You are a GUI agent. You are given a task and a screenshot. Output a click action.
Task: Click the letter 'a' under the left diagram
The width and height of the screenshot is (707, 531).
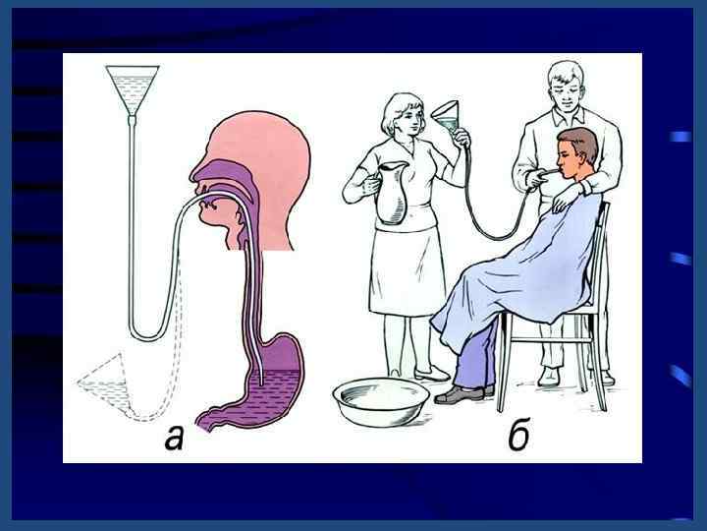pyautogui.click(x=174, y=437)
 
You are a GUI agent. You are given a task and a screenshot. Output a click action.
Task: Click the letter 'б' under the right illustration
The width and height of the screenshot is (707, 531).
pyautogui.click(x=519, y=435)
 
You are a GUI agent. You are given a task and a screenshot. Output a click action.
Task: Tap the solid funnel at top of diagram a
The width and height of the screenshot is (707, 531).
pyautogui.click(x=133, y=89)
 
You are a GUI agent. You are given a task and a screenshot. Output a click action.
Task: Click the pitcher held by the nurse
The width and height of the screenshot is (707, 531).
pyautogui.click(x=392, y=193)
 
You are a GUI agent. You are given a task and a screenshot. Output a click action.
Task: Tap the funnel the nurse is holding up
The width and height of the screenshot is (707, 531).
pyautogui.click(x=447, y=118)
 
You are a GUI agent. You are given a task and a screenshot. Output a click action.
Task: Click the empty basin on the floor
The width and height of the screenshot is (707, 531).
pyautogui.click(x=381, y=401)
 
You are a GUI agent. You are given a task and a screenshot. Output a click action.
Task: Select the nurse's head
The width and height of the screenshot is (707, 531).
pyautogui.click(x=404, y=114)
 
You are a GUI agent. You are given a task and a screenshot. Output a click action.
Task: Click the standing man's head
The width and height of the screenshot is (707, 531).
pyautogui.click(x=564, y=87)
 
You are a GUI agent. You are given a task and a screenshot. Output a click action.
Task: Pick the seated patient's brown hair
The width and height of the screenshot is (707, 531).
pyautogui.click(x=580, y=144)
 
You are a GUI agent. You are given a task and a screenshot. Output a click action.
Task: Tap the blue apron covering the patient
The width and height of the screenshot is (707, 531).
pyautogui.click(x=518, y=271)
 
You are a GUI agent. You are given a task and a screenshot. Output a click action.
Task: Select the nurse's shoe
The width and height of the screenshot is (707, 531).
pyautogui.click(x=431, y=375)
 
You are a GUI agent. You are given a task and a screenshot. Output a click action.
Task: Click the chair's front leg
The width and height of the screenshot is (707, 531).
pyautogui.click(x=503, y=362)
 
